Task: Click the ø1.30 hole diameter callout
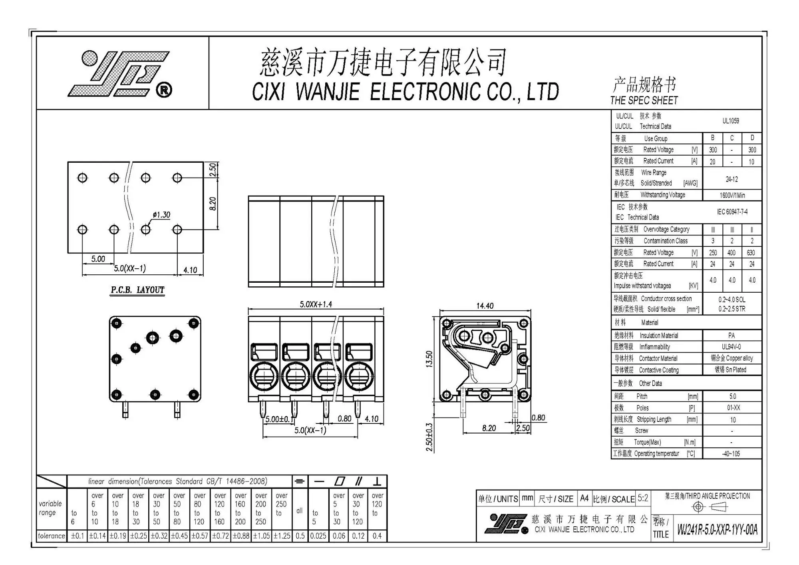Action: pos(161,215)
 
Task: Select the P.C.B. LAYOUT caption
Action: pos(137,290)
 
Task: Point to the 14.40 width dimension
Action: pos(485,306)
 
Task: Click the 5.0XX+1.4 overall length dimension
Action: pos(316,304)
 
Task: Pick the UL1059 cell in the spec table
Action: pos(731,121)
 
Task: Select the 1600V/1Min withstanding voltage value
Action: pos(732,195)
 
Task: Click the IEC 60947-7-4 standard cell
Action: pos(732,212)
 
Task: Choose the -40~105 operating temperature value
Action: pos(731,453)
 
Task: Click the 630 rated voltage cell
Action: pos(751,252)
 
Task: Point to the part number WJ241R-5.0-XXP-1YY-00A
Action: pos(717,529)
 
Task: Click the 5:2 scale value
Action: pos(643,498)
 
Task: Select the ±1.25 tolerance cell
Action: pos(282,536)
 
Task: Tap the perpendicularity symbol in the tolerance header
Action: pos(377,481)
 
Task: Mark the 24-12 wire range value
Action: pos(732,179)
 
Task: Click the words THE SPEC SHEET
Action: pos(644,100)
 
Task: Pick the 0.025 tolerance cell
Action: pos(318,536)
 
